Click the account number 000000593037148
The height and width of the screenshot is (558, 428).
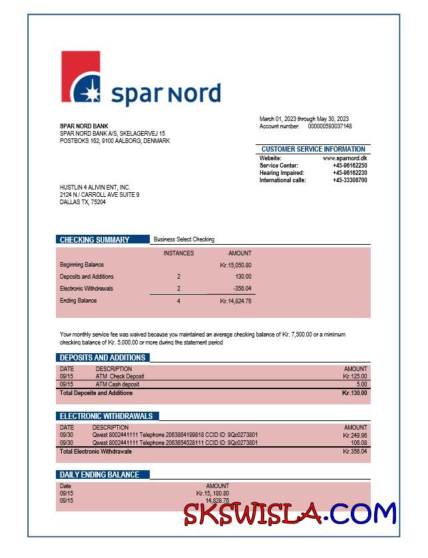(x=329, y=126)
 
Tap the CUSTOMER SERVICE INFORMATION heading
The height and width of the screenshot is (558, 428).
(x=313, y=149)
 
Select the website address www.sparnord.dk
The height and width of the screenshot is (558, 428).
(x=345, y=158)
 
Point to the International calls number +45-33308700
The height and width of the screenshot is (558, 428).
(x=349, y=180)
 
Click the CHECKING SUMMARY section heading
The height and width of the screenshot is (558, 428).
(x=95, y=239)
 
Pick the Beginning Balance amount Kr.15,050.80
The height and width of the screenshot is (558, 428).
(x=235, y=265)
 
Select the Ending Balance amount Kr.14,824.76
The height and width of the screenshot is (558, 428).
(x=235, y=301)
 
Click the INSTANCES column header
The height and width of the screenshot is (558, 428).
(x=178, y=253)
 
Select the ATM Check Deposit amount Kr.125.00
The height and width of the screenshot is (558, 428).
(x=354, y=376)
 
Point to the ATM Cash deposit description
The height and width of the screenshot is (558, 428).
(x=117, y=384)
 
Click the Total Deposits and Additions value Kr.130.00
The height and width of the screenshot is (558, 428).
(x=354, y=393)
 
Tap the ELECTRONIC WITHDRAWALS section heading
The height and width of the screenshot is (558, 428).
(x=107, y=416)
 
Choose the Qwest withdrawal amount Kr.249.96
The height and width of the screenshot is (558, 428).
(x=355, y=435)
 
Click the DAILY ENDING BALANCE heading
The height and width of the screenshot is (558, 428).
(x=100, y=475)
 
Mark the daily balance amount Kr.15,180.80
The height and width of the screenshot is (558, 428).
(x=212, y=493)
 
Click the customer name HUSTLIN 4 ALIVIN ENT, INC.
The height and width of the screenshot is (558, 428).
(x=95, y=188)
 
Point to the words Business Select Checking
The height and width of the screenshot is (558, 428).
(x=184, y=239)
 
